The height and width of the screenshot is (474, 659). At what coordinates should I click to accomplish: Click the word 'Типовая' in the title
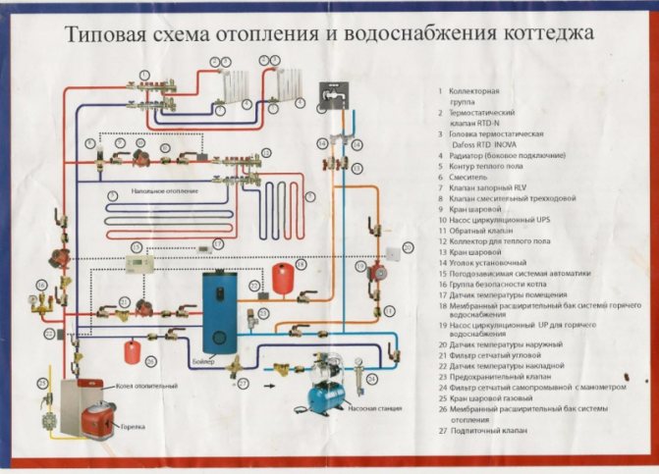(103, 36)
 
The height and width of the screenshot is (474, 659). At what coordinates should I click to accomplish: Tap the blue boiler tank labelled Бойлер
(217, 309)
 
